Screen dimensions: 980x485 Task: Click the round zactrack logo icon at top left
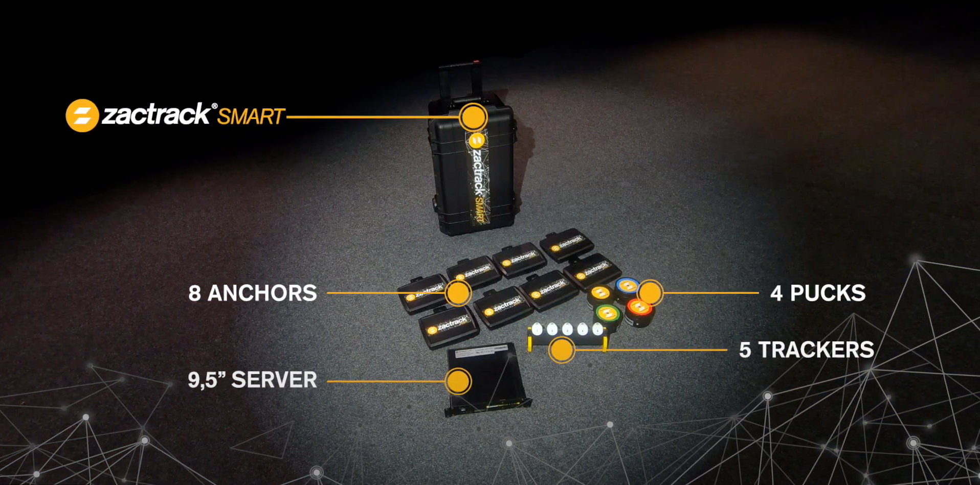tap(82, 116)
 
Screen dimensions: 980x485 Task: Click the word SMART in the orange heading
tap(251, 117)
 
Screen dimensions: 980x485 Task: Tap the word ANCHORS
tap(262, 293)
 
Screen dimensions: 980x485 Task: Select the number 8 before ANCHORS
tap(194, 293)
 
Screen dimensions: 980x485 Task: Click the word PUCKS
tap(828, 293)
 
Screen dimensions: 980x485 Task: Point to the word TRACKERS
tap(816, 350)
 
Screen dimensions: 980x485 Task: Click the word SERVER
tap(274, 380)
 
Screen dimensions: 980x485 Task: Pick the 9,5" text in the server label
tap(207, 380)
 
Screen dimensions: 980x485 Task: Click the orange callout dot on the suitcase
tap(473, 117)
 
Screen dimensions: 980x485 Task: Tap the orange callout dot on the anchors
tap(458, 293)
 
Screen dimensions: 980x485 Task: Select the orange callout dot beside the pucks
tap(650, 293)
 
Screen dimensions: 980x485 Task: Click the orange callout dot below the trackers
tap(562, 350)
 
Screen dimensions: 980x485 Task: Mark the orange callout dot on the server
tap(458, 381)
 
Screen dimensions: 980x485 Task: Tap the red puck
tap(639, 312)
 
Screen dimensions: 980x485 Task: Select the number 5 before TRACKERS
tap(745, 350)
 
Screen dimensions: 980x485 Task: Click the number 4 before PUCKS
tap(776, 293)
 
